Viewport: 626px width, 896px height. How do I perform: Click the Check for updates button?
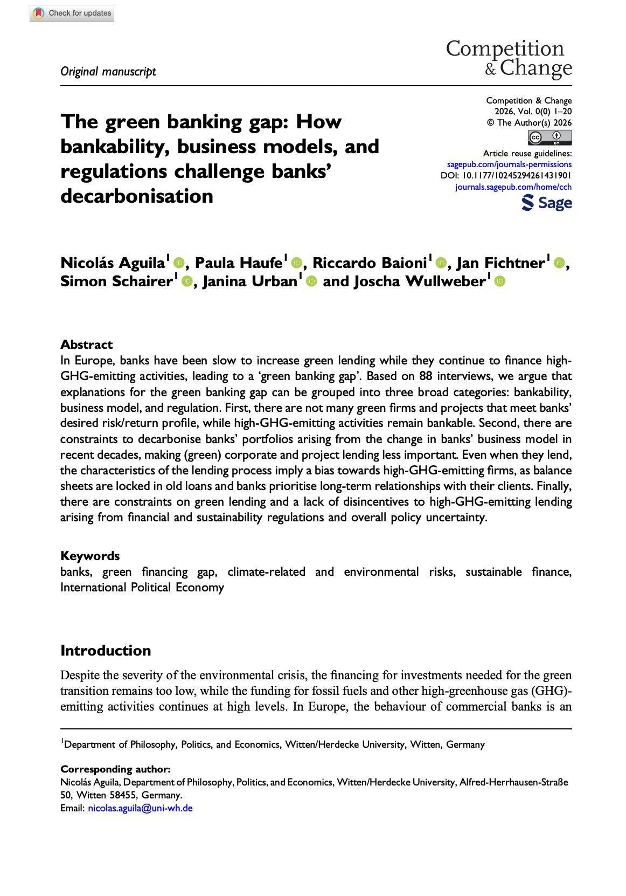(x=72, y=13)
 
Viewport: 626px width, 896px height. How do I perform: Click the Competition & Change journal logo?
(x=509, y=58)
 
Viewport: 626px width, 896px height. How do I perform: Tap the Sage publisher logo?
(x=546, y=203)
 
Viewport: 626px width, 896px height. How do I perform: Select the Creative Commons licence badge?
(x=550, y=138)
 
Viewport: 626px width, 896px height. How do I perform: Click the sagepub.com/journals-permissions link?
(x=509, y=164)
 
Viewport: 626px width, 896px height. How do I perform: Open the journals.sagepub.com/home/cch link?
(x=513, y=187)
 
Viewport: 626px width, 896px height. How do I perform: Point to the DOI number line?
(x=506, y=176)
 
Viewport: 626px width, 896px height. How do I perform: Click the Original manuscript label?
(x=108, y=72)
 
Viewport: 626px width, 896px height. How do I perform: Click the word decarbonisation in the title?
(x=137, y=196)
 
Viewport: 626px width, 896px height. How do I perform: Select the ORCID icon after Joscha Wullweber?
(x=500, y=281)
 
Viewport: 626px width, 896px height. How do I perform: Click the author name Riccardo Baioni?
(x=370, y=263)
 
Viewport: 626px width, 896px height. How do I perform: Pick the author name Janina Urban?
(x=250, y=281)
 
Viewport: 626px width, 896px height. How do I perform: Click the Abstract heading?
(x=87, y=345)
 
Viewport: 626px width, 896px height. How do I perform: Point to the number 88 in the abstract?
(x=426, y=376)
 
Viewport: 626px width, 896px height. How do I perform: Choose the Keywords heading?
(x=90, y=556)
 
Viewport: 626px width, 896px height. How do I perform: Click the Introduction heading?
(x=106, y=651)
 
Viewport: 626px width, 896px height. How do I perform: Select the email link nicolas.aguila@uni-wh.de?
(x=140, y=808)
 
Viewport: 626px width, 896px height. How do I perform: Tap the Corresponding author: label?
(x=115, y=769)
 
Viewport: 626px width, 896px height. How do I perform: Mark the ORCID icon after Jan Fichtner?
(x=559, y=263)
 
